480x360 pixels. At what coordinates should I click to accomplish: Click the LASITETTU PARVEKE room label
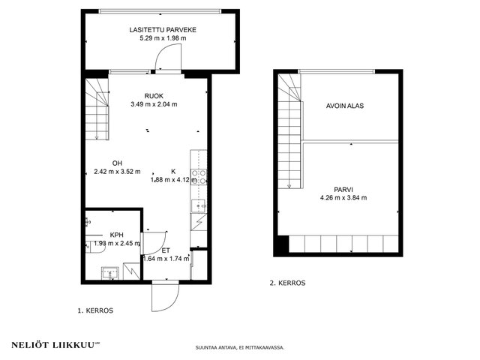(x=163, y=30)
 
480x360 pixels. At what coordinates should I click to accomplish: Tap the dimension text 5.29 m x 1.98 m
(x=163, y=38)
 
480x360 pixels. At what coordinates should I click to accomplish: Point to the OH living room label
(x=117, y=163)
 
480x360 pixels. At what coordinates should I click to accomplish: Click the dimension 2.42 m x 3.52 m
(x=117, y=172)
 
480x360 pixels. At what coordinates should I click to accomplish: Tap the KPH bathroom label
(x=117, y=235)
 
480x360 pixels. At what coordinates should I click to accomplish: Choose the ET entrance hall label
(x=166, y=250)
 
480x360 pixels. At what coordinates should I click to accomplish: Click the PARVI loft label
(x=343, y=190)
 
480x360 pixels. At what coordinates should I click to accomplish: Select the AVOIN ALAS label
(x=345, y=106)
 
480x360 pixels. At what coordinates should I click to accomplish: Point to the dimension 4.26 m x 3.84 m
(x=343, y=198)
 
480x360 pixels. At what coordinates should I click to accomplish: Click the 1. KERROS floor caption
(x=95, y=310)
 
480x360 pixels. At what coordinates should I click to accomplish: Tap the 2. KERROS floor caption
(x=287, y=283)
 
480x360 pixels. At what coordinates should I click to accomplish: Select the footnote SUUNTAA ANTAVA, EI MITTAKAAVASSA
(x=240, y=347)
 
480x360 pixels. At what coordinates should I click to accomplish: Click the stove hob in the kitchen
(x=199, y=177)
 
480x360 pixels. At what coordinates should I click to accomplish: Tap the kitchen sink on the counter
(x=199, y=205)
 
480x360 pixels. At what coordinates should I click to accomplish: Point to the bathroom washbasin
(x=110, y=273)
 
